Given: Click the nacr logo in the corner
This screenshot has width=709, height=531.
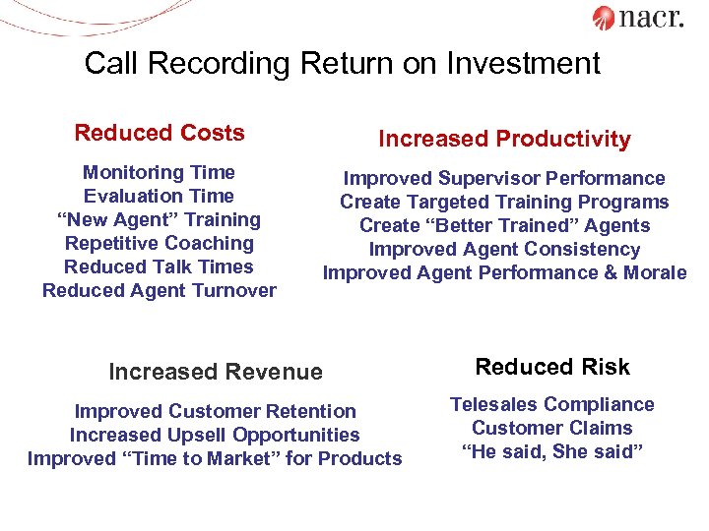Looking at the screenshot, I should (637, 18).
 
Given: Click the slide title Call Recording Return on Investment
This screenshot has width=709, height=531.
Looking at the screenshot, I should (342, 64).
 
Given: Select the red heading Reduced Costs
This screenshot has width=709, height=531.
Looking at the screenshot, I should (160, 133).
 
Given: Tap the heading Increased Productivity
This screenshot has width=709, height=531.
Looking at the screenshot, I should (504, 140).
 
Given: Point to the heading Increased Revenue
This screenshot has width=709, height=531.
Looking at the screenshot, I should (215, 372).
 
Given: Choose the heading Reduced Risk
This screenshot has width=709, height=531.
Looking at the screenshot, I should (552, 367).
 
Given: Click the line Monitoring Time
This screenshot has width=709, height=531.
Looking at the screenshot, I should (159, 172).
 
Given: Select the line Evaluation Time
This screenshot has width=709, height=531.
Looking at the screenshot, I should (159, 196).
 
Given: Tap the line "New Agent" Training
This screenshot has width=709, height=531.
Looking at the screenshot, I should (159, 219).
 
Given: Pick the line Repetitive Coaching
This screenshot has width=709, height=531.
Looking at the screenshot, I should (159, 243).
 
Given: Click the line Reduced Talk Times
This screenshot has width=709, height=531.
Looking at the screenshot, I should (159, 266).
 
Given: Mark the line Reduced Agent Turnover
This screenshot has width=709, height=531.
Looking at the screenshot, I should (159, 290).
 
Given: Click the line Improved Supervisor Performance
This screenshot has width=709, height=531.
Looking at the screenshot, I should (504, 178).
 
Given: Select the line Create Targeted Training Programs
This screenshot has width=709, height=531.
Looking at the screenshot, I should (504, 202).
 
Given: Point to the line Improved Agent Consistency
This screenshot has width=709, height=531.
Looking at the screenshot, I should (504, 249).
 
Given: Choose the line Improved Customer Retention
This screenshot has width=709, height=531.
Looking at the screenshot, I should (215, 411).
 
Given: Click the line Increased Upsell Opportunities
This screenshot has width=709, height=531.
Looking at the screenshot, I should (215, 435).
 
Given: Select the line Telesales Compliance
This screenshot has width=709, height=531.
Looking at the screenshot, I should (552, 404).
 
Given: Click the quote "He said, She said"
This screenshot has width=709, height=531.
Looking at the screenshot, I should (552, 451).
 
